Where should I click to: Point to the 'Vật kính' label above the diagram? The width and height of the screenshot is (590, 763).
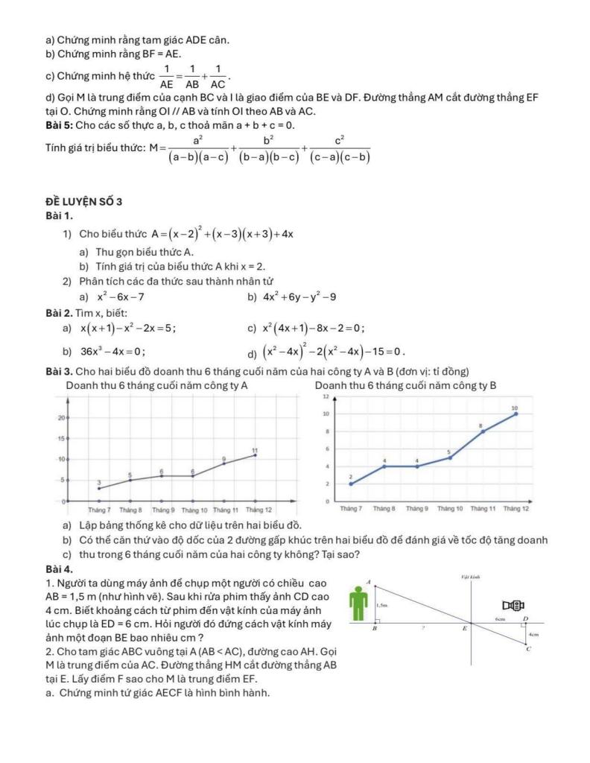pos(470,577)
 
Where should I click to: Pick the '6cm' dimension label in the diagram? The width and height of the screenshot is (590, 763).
pos(501,618)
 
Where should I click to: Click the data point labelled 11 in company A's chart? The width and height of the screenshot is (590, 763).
pos(255,455)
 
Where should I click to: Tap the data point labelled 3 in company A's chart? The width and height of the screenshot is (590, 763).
pos(99,489)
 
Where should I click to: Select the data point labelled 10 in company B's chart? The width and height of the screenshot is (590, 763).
pos(515,414)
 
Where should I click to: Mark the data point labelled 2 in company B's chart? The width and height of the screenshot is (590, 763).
pos(351,484)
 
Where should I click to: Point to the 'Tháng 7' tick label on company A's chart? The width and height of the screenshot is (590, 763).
pos(99,510)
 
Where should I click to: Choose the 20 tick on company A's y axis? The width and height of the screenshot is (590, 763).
pos(60,418)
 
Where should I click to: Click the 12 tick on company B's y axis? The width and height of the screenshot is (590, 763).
pos(326,397)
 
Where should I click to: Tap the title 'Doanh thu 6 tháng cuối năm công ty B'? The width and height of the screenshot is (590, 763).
pos(405,385)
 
